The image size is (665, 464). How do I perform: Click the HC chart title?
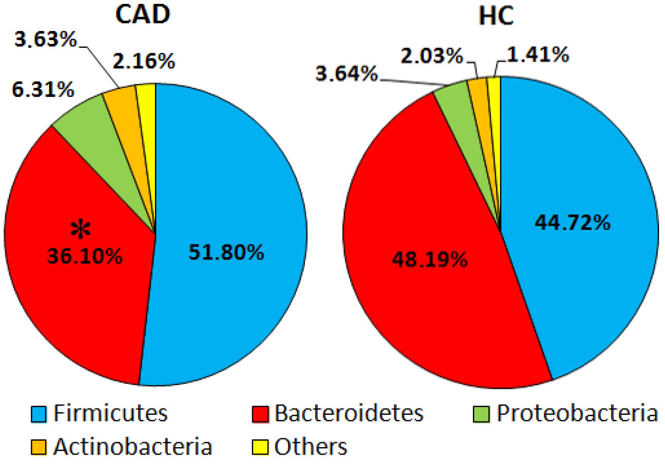496,16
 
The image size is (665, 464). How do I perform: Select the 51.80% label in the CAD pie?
226,252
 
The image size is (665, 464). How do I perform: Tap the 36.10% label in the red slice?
85,256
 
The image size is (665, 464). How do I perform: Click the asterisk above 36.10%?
81,230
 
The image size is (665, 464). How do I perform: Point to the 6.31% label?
43,89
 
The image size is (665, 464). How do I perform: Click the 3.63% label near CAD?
46,39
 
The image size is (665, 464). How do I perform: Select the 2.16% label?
144,61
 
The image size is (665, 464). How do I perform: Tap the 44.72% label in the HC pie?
572,223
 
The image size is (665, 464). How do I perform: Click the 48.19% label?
430,259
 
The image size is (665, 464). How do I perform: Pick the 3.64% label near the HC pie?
346,74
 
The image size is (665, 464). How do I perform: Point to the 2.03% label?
432,56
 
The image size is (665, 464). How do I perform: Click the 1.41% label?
538,55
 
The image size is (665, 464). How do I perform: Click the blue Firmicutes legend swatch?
39,414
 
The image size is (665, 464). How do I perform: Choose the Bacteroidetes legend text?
349,414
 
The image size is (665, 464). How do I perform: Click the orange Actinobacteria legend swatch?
39,447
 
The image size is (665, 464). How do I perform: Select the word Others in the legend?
310,447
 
